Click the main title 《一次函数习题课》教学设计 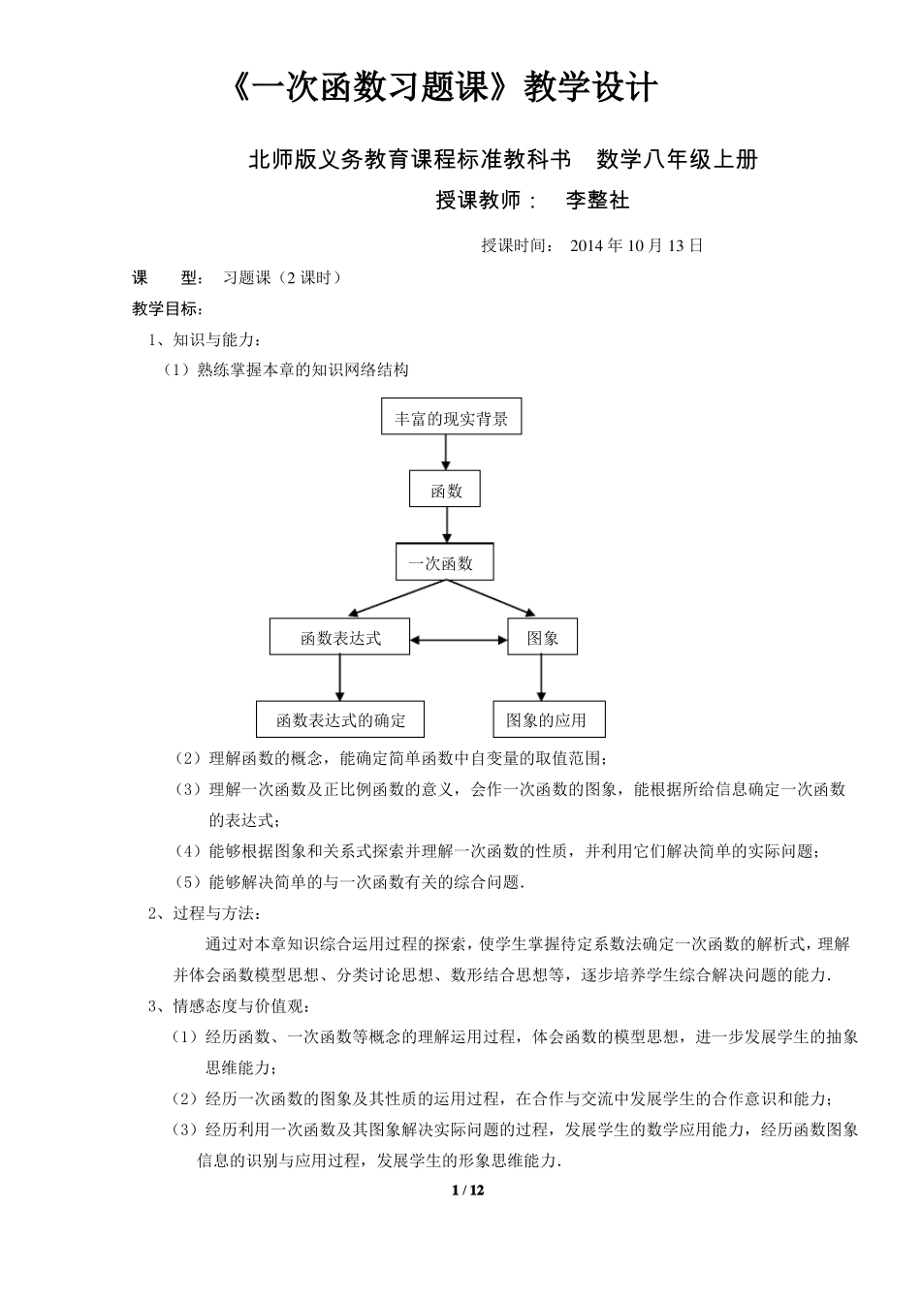click(445, 88)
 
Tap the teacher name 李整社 click(597, 200)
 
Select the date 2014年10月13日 click(636, 245)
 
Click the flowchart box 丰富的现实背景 click(451, 419)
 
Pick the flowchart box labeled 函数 click(446, 491)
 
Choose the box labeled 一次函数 click(445, 562)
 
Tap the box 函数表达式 click(339, 638)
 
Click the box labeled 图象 click(542, 638)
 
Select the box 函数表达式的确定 click(340, 719)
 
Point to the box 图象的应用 click(549, 719)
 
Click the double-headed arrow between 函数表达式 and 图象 click(459, 639)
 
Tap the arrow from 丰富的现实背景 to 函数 click(446, 453)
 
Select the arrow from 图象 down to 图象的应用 click(541, 678)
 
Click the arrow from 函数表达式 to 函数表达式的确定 click(339, 678)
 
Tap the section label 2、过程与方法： click(205, 913)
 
